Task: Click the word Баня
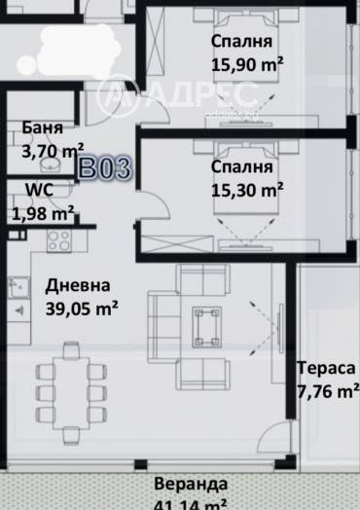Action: coord(43,128)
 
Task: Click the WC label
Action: coord(29,190)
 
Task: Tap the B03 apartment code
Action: coord(104,167)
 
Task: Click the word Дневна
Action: coord(78,285)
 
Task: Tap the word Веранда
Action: coord(191,484)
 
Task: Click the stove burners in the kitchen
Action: coord(57,239)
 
